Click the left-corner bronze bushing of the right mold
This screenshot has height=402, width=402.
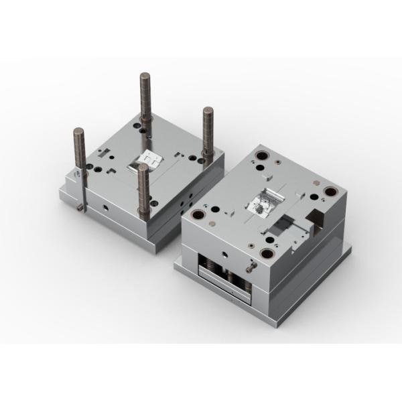(199, 216)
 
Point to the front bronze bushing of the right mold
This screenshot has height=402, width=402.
(268, 253)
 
